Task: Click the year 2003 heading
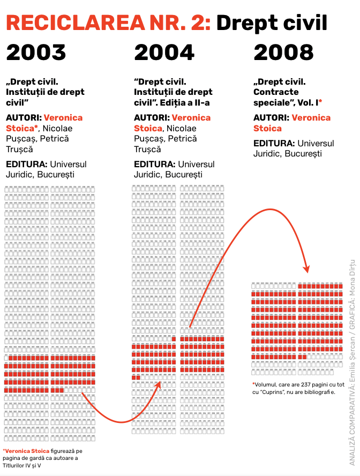(x=36, y=53)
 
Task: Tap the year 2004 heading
(x=164, y=53)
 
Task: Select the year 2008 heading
(x=283, y=53)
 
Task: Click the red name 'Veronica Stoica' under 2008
(x=292, y=123)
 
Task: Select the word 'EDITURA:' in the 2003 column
(x=24, y=164)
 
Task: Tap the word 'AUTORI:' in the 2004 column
(x=151, y=117)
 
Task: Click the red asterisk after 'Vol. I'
(x=320, y=101)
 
